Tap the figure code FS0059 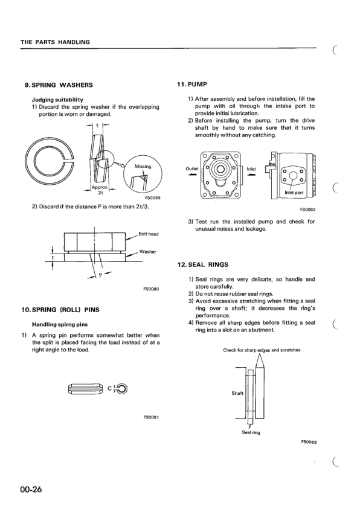[x=152, y=197]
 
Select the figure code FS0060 [x=150, y=289]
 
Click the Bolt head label [x=149, y=233]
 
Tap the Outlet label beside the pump [x=191, y=168]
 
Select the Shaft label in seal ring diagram [x=237, y=393]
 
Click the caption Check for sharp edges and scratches [x=261, y=350]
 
